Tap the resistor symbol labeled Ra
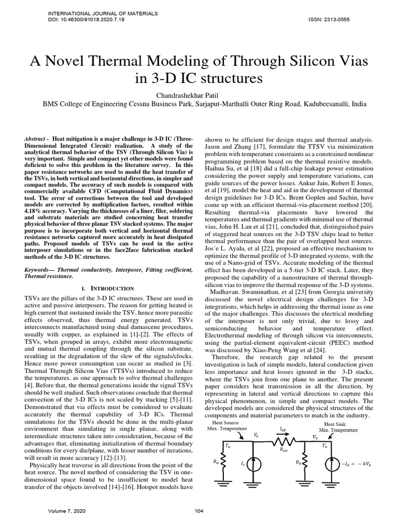(224, 462)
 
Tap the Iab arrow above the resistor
(282, 432)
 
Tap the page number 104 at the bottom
(198, 511)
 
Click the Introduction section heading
(110, 288)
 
